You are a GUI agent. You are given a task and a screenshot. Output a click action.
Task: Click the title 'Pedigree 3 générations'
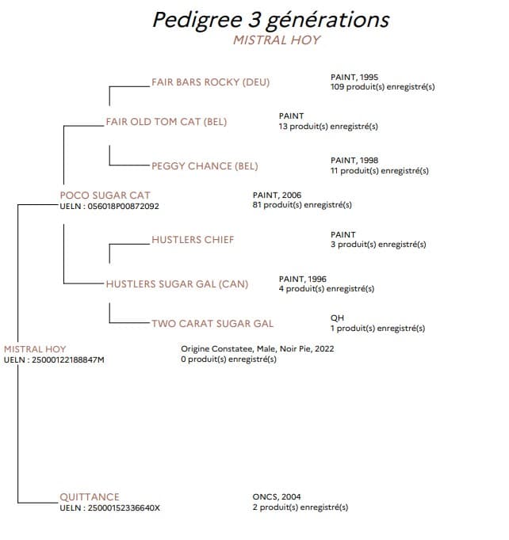click(x=271, y=20)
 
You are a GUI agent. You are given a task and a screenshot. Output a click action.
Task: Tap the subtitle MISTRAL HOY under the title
click(x=277, y=40)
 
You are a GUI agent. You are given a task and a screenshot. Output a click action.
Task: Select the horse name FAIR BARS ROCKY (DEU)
click(x=210, y=82)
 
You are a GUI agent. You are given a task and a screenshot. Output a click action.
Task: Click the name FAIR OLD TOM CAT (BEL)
click(x=166, y=122)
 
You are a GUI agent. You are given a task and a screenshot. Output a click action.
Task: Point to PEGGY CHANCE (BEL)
click(x=205, y=166)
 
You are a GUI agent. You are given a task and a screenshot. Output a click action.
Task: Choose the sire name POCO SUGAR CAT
click(x=105, y=196)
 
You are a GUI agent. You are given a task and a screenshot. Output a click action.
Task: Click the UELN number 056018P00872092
click(x=123, y=207)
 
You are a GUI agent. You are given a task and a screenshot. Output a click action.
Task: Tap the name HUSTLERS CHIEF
click(x=193, y=240)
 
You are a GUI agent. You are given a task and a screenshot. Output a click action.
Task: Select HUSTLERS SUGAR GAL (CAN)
click(x=177, y=284)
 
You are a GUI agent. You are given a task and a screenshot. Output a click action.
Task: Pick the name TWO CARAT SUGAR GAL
click(x=212, y=324)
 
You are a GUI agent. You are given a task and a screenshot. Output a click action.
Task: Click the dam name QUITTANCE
click(x=90, y=497)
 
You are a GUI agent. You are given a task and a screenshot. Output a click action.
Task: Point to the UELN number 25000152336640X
click(x=124, y=508)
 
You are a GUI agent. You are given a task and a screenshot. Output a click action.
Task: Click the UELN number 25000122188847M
click(x=68, y=360)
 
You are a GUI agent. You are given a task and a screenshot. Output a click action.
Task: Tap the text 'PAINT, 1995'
click(x=354, y=78)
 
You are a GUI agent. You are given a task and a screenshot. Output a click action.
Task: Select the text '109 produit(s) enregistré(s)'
click(x=383, y=87)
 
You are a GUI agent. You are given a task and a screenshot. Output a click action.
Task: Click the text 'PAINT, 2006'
click(x=277, y=196)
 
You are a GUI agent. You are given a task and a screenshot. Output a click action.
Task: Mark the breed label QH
click(x=337, y=318)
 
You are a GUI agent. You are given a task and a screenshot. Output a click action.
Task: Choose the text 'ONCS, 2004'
click(x=277, y=497)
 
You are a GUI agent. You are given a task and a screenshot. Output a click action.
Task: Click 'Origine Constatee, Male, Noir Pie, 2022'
click(x=258, y=349)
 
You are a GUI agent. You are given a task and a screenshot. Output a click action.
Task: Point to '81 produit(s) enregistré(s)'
click(x=302, y=205)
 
